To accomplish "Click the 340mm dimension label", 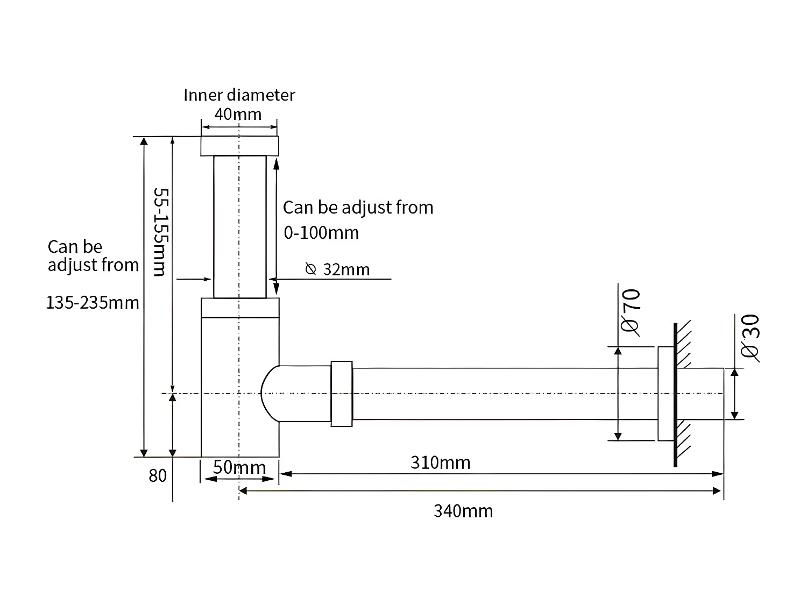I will (x=463, y=511).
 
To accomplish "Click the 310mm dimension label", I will (x=440, y=462).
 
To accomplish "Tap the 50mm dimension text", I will (x=239, y=467).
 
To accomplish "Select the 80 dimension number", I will (x=158, y=476).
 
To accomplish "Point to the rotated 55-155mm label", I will (x=160, y=232).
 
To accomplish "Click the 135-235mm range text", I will (x=93, y=303).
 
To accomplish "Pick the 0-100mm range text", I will (x=321, y=233).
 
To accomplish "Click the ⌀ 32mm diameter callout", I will (x=337, y=269).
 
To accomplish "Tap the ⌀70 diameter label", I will (x=631, y=312).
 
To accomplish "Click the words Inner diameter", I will (x=239, y=95).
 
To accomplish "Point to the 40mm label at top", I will (x=238, y=114).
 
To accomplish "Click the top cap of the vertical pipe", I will (x=240, y=146).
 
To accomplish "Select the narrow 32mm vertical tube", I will (x=240, y=226).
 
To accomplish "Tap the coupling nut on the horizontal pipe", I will (x=342, y=394).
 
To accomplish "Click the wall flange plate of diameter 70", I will (x=665, y=394).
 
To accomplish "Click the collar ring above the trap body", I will (x=240, y=308).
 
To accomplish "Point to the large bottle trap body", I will (x=240, y=387).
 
